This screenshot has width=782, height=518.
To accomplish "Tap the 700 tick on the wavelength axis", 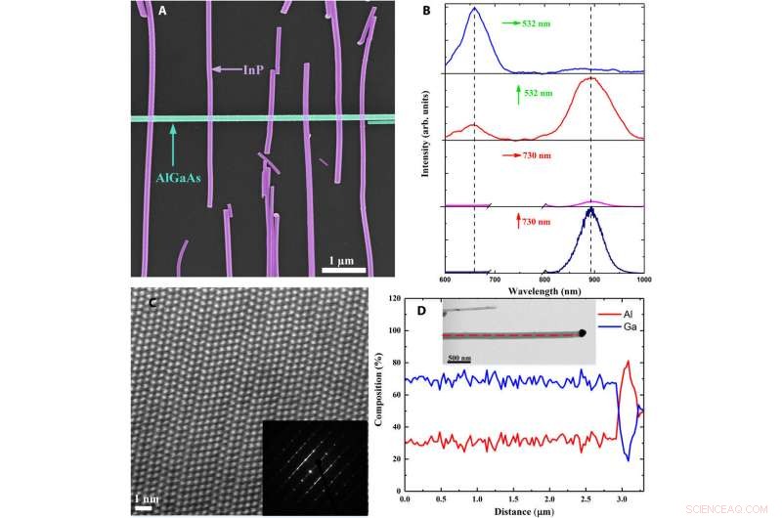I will click(495, 280).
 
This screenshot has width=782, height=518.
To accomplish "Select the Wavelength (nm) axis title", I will click(544, 292).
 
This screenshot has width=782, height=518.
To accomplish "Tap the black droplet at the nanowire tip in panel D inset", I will click(583, 334).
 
